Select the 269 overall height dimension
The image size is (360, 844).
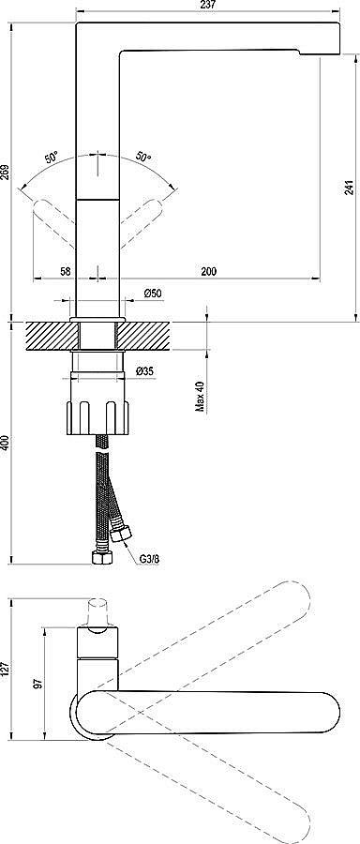coord(6,172)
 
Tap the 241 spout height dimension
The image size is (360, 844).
coord(349,187)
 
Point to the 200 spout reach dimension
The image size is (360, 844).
coord(209,271)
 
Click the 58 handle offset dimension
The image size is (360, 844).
coord(65,271)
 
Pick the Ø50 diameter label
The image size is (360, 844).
coord(154,293)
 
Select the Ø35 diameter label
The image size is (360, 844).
coord(146,370)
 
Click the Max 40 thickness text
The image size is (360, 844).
coord(201,397)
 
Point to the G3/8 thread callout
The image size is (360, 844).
coord(149,559)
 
